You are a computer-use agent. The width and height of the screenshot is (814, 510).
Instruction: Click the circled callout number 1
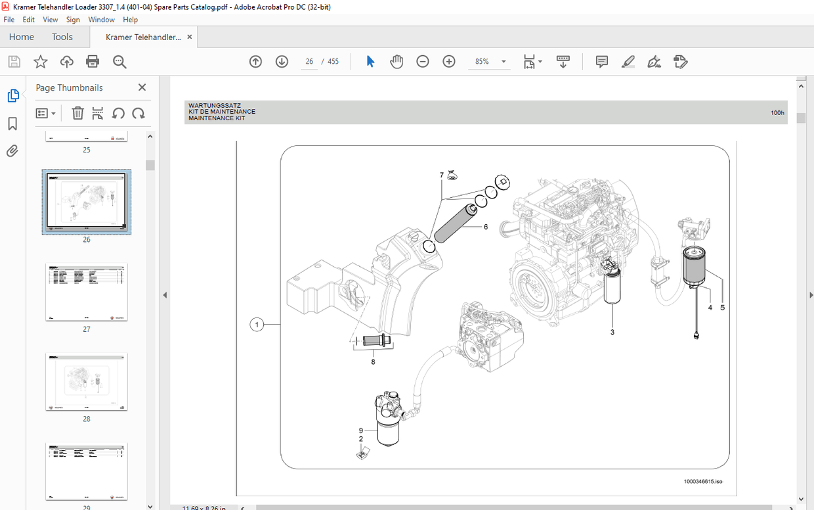[x=257, y=325]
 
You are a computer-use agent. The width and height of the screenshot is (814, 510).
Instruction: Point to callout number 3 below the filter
[x=612, y=333]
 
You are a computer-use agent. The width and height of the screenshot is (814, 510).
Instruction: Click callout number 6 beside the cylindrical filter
[x=486, y=227]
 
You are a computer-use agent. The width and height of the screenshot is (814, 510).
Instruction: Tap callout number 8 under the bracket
[x=373, y=361]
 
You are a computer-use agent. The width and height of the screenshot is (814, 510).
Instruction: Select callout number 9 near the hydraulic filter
[x=360, y=430]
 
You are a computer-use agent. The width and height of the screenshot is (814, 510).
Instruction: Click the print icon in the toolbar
[x=93, y=62]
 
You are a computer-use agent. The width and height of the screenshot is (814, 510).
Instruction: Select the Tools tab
[x=62, y=37]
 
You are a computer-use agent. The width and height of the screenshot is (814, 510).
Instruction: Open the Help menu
[x=130, y=20]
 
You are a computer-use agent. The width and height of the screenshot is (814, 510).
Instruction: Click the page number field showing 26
[x=309, y=62]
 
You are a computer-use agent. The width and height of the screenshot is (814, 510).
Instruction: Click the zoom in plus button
[x=449, y=62]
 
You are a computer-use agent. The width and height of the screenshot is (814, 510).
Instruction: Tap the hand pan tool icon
[x=396, y=62]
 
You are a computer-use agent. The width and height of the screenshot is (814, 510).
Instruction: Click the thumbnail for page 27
[x=87, y=292]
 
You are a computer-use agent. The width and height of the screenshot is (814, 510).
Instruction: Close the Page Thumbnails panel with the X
[x=142, y=87]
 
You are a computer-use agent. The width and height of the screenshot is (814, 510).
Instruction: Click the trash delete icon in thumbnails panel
[x=77, y=113]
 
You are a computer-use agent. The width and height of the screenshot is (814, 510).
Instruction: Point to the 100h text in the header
[x=777, y=113]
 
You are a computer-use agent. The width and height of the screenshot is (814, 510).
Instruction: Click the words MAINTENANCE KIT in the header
[x=217, y=118]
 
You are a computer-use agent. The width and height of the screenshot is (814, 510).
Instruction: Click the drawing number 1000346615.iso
[x=702, y=482]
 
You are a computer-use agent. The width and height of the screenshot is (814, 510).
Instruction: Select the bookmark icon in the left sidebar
[x=12, y=124]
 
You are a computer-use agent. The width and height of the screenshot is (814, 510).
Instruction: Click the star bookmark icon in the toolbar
[x=41, y=62]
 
